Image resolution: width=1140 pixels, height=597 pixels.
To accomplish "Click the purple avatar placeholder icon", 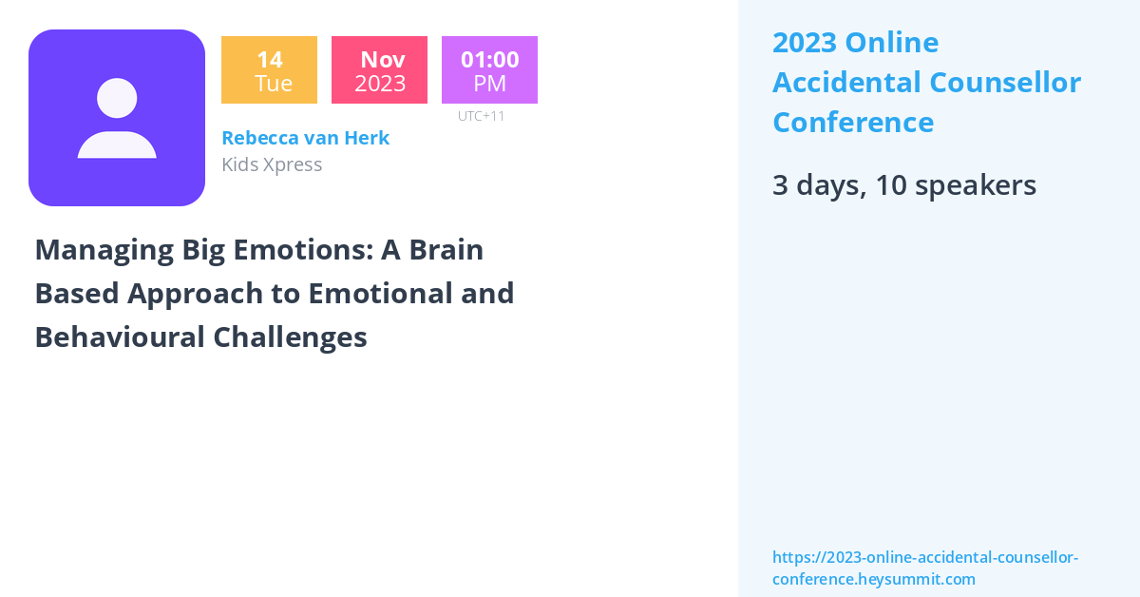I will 117,118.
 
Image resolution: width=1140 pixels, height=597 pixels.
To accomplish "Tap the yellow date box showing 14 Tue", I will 269,70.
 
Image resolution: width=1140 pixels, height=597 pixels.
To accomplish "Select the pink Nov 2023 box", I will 379,70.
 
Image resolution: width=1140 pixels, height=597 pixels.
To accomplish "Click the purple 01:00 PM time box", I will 489,70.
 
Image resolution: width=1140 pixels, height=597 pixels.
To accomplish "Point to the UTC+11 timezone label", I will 481,116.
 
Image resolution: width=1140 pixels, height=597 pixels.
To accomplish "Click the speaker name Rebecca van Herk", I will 305,138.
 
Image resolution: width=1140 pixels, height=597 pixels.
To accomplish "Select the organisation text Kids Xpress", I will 272,164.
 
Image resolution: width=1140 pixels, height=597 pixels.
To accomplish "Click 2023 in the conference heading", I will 804,43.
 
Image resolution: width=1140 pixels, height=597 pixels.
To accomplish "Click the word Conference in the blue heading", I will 852,123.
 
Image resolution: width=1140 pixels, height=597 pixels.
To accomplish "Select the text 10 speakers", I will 956,185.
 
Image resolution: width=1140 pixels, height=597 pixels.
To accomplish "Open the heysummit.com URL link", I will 924,568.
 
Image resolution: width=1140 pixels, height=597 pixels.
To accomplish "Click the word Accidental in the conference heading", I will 846,83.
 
